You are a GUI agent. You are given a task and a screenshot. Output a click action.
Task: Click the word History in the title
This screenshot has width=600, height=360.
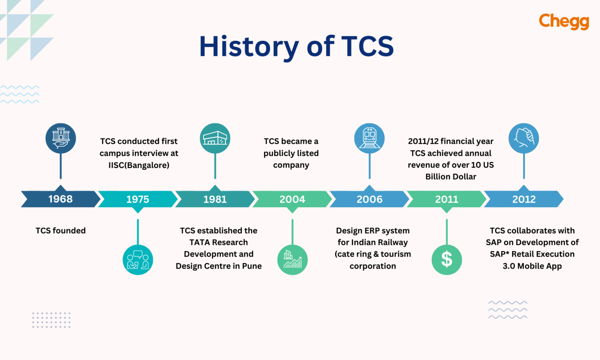pyautogui.click(x=249, y=46)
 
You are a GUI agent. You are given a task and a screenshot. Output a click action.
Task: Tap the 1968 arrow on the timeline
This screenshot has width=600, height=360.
pyautogui.click(x=61, y=199)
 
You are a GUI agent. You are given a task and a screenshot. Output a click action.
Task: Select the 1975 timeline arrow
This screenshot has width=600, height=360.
pyautogui.click(x=137, y=200)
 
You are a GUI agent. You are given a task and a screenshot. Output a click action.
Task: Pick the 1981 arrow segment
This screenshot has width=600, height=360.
pyautogui.click(x=215, y=200)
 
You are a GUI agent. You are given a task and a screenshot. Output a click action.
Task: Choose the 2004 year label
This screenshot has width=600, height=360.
pyautogui.click(x=292, y=200)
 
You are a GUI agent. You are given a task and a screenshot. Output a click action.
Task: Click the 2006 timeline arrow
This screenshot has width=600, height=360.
pyautogui.click(x=370, y=200)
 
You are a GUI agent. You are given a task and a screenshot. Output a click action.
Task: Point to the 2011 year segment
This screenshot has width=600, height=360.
pyautogui.click(x=446, y=200)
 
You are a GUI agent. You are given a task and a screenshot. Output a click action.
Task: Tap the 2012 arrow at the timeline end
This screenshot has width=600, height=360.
pyautogui.click(x=524, y=200)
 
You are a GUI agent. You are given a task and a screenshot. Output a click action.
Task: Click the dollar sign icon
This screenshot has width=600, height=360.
pyautogui.click(x=446, y=260)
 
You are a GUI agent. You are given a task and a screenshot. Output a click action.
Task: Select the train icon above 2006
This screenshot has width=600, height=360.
pyautogui.click(x=370, y=138)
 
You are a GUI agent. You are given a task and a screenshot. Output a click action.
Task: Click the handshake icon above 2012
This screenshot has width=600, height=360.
pyautogui.click(x=523, y=138)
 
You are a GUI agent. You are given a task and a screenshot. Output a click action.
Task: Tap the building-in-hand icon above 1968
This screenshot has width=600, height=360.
pyautogui.click(x=61, y=138)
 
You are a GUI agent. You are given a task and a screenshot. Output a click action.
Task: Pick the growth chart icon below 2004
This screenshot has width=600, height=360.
pyautogui.click(x=292, y=260)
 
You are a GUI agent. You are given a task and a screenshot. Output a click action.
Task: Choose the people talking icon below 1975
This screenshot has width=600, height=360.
pyautogui.click(x=137, y=260)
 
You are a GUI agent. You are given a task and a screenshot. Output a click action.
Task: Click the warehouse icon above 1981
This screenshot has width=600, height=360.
pyautogui.click(x=215, y=138)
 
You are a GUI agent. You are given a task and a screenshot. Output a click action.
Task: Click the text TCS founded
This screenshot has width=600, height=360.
pyautogui.click(x=61, y=231)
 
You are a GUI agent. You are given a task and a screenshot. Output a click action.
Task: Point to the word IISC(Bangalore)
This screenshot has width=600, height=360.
pyautogui.click(x=139, y=165)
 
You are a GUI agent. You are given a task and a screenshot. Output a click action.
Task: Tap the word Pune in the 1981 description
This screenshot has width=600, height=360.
pyautogui.click(x=252, y=266)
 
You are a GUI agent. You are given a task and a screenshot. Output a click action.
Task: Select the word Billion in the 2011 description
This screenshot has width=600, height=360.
pyautogui.click(x=438, y=177)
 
